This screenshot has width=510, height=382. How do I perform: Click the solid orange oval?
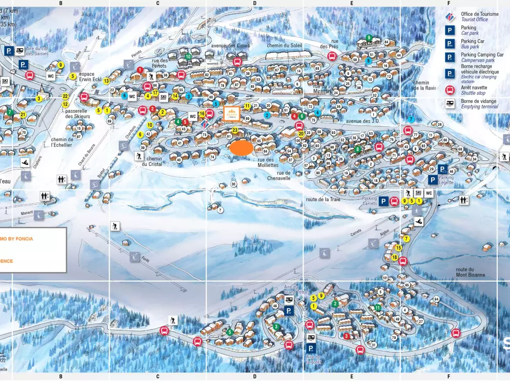[241, 148]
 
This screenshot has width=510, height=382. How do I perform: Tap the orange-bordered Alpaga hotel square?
[232, 113]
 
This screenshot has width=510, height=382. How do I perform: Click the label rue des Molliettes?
[268, 162]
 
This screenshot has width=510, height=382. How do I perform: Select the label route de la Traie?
[323, 200]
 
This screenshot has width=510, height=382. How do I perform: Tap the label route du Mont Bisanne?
[471, 272]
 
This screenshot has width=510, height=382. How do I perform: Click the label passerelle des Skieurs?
[78, 113]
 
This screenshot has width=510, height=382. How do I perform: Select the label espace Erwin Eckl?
[90, 77]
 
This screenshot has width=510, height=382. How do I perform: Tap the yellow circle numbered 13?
[107, 81]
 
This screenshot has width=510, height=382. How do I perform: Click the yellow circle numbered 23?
[235, 130]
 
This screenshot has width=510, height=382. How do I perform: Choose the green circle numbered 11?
[378, 308]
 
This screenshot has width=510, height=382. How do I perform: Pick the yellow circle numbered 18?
[395, 258]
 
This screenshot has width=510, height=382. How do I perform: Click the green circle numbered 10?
[188, 57]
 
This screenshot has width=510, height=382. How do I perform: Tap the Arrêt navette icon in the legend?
[450, 90]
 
